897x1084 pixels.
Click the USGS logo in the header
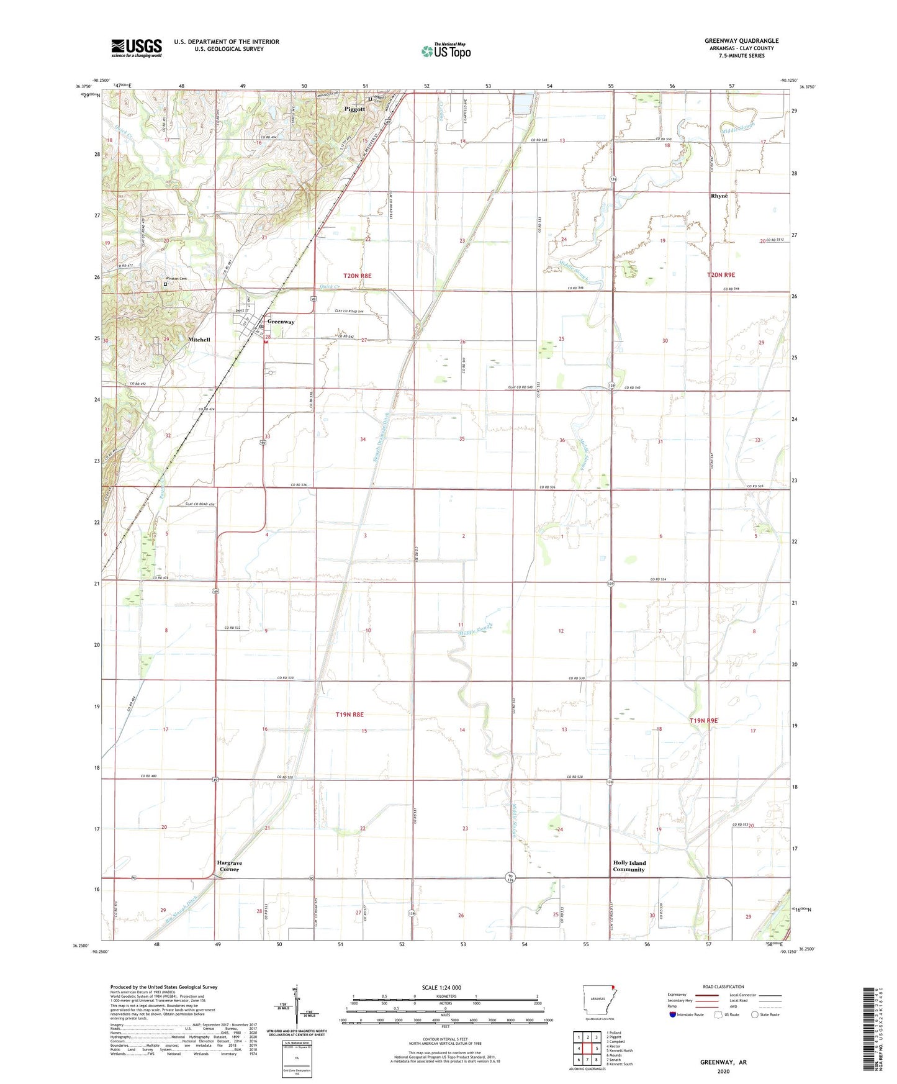tap(137, 48)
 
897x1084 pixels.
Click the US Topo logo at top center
tap(446, 51)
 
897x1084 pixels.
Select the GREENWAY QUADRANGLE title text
tap(741, 41)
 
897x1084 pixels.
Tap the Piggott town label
tap(355, 109)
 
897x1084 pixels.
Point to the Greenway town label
tap(281, 322)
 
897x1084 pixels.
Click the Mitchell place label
tap(199, 340)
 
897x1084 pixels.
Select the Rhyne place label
tap(719, 196)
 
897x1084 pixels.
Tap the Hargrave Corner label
tap(229, 866)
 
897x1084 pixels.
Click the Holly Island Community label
tap(629, 866)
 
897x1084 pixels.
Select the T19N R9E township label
tap(703, 720)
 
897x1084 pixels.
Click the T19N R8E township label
tap(349, 715)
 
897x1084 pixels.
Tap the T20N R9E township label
tap(721, 274)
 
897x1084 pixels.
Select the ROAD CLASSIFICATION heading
tap(723, 987)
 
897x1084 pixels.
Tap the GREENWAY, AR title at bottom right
tap(723, 1062)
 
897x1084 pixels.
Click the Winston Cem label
tap(176, 279)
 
